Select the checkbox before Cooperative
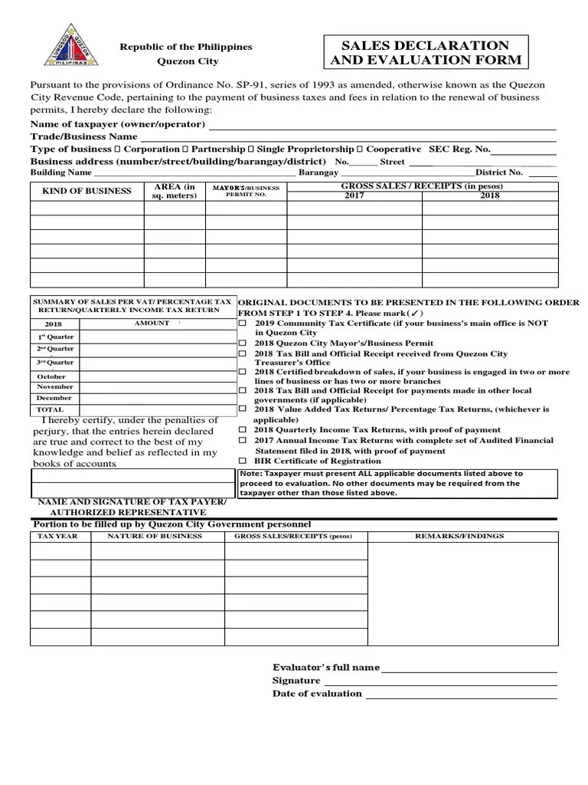tap(361, 149)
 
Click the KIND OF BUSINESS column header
tap(87, 191)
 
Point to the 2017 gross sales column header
tap(354, 196)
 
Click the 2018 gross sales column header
tap(489, 196)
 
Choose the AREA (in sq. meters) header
tap(175, 191)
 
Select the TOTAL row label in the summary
tap(50, 409)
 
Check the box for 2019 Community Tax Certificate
tap(243, 324)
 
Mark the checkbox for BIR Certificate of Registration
tap(243, 461)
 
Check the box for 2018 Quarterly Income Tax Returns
tap(243, 430)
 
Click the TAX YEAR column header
tap(58, 537)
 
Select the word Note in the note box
tap(250, 474)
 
